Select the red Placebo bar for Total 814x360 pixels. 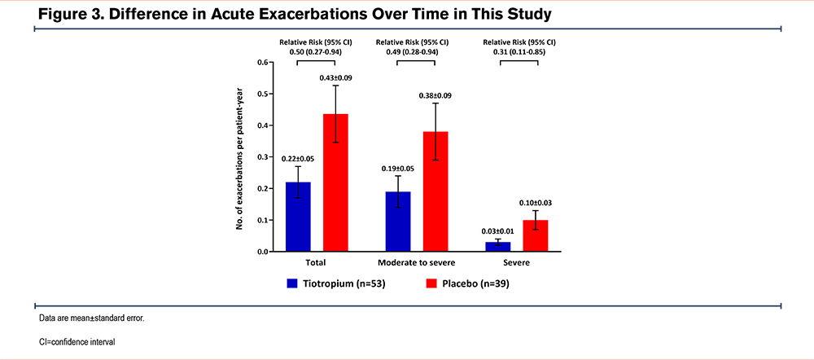click(336, 182)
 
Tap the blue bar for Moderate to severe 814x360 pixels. click(398, 222)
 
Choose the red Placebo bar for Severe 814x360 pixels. click(536, 236)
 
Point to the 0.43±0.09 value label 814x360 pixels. click(336, 77)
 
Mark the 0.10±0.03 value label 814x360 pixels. click(536, 203)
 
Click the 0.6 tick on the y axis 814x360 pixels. click(263, 62)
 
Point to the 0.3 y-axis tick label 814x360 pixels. click(263, 157)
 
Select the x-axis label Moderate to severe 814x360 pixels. click(416, 264)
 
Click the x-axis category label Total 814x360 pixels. click(317, 264)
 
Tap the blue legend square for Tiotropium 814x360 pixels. click(291, 284)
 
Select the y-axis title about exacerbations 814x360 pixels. click(242, 157)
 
